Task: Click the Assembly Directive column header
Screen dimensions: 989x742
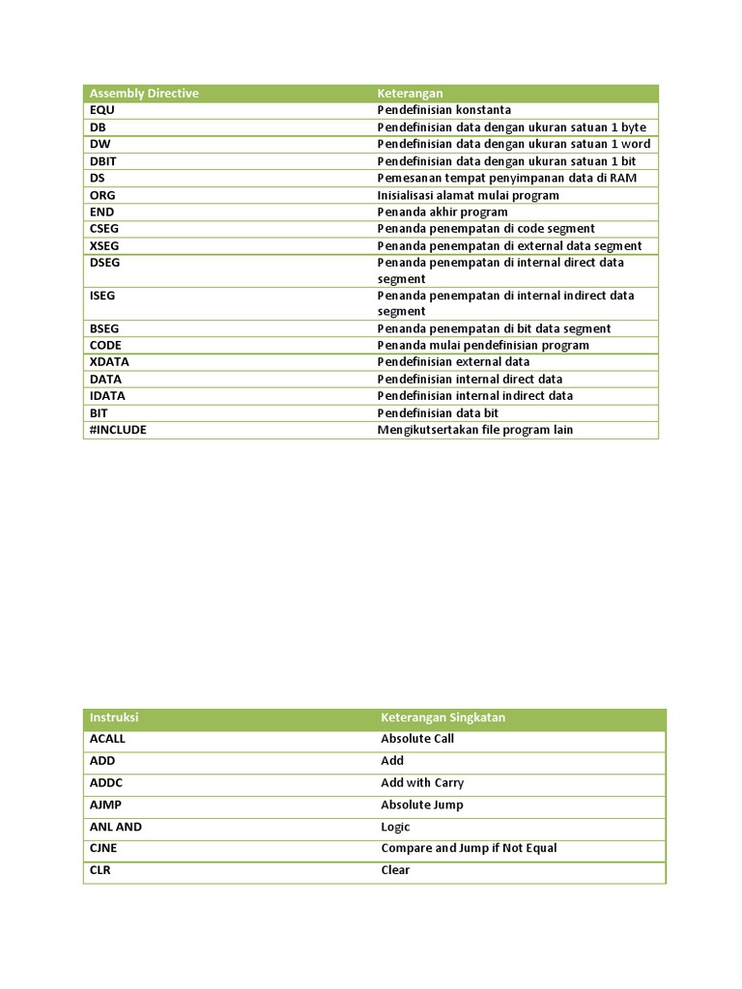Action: click(144, 93)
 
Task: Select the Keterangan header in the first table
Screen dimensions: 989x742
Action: click(410, 93)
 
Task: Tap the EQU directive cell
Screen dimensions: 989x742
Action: click(101, 110)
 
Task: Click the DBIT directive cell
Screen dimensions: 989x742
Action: click(103, 161)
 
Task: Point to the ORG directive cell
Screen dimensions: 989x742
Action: click(102, 195)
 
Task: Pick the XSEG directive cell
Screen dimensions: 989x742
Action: click(103, 245)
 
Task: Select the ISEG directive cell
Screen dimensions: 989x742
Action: click(102, 296)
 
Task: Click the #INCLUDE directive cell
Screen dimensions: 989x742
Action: click(118, 430)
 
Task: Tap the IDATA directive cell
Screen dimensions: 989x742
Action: click(107, 396)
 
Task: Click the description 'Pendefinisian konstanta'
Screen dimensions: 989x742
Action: click(443, 110)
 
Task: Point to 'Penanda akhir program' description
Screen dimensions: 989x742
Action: click(442, 212)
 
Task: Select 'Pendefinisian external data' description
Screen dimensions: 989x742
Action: click(453, 362)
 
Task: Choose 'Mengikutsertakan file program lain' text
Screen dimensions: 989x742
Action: click(474, 430)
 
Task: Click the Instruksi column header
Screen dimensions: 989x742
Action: click(115, 718)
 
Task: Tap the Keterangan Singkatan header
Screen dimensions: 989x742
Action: click(442, 718)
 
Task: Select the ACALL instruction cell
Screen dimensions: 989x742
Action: click(107, 739)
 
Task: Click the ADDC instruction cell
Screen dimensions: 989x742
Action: click(106, 783)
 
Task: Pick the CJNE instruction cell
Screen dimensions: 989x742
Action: click(104, 848)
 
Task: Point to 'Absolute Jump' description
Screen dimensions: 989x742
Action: click(422, 805)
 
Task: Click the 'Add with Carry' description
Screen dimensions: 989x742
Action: click(422, 783)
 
